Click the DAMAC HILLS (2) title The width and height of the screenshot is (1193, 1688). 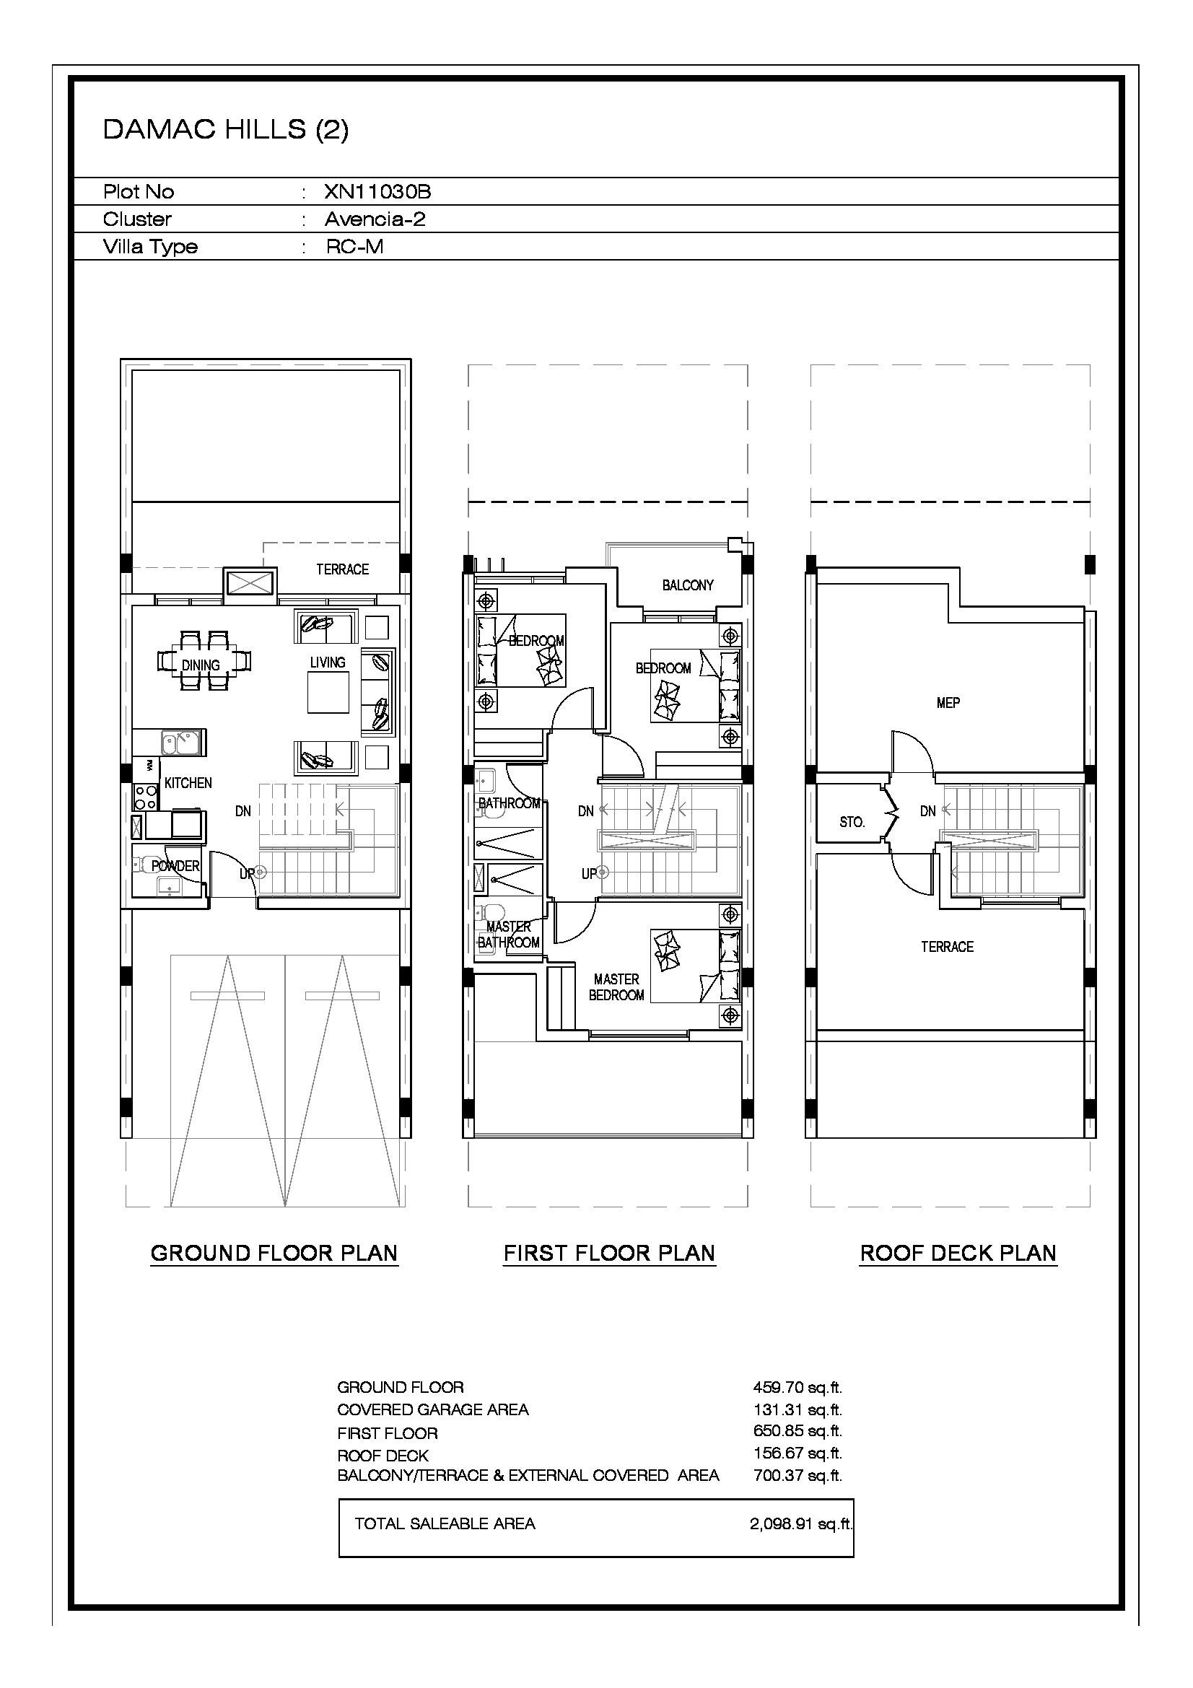click(x=226, y=129)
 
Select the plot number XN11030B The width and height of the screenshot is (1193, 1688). click(x=377, y=192)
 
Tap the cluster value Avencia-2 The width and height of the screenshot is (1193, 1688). click(x=375, y=219)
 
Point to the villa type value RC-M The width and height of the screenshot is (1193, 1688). click(x=354, y=246)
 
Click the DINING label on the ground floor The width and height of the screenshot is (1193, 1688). click(x=201, y=665)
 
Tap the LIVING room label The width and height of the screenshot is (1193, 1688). click(x=327, y=662)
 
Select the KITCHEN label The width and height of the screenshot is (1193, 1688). click(x=188, y=783)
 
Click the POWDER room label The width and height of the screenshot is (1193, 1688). click(x=175, y=866)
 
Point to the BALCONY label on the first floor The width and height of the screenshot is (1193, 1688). click(x=687, y=585)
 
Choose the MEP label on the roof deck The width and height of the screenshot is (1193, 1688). click(x=948, y=703)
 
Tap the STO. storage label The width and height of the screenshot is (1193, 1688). click(x=852, y=822)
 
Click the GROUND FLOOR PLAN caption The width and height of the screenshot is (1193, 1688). click(x=274, y=1253)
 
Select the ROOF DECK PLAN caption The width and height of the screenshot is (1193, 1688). click(x=958, y=1253)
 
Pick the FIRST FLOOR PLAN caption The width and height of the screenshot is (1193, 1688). click(x=609, y=1253)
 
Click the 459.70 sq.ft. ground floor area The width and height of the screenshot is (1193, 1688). click(x=797, y=1387)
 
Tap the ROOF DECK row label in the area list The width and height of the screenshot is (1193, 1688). click(x=383, y=1455)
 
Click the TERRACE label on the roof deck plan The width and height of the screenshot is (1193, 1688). click(x=947, y=947)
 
